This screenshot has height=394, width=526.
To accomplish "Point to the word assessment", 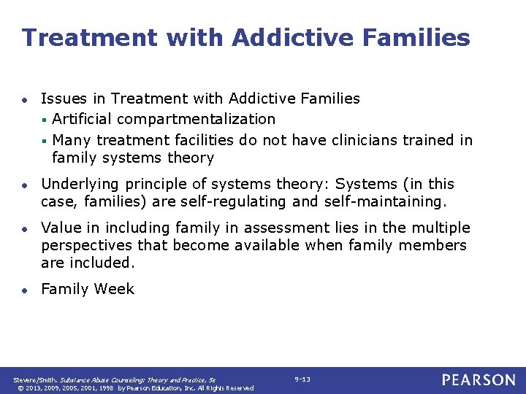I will tap(275, 228).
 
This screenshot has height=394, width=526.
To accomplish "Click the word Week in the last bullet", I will tap(115, 289).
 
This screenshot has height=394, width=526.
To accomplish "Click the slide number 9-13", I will tap(302, 379).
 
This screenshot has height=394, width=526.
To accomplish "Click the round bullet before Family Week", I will tap(25, 290).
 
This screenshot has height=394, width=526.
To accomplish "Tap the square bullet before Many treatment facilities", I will tap(45, 140).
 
